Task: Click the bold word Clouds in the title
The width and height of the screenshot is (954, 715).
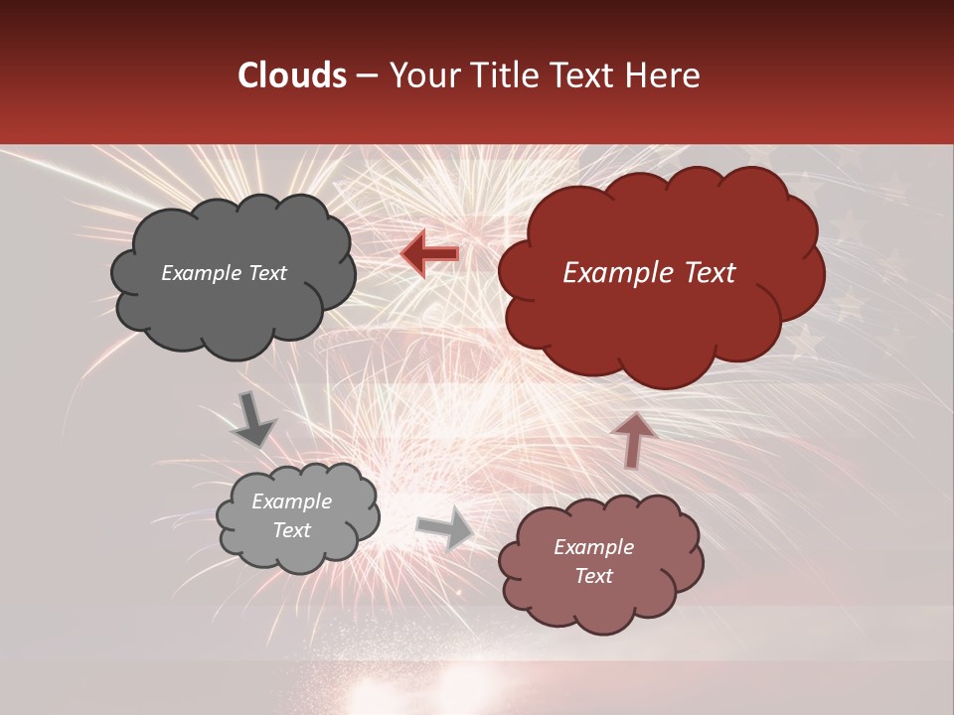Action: coord(292,75)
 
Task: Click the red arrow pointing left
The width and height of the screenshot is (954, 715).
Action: coord(430,253)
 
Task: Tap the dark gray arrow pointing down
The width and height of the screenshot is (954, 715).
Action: coord(252,419)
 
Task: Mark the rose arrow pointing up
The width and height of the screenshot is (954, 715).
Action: coord(632,438)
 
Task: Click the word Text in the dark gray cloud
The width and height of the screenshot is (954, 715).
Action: coord(267,273)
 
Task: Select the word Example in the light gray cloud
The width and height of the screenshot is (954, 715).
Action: coord(292,501)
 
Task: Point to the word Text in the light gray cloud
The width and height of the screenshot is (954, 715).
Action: coord(292,530)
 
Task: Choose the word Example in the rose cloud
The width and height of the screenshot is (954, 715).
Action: coord(593,547)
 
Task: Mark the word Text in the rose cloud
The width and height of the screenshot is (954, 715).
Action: coord(593,576)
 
